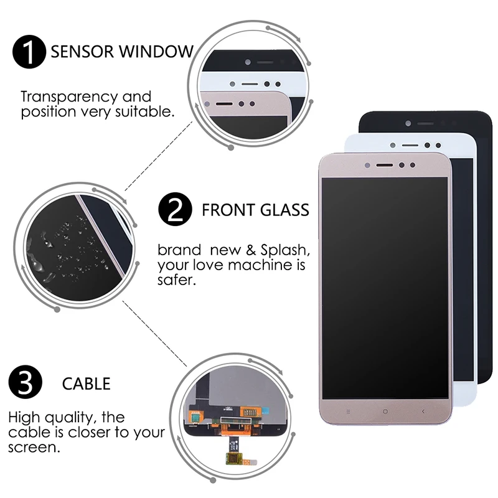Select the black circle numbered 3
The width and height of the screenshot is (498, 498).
click(26, 382)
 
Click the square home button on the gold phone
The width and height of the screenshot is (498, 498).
click(385, 411)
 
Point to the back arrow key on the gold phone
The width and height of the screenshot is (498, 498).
click(423, 411)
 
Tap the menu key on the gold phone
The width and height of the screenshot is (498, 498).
click(348, 411)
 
